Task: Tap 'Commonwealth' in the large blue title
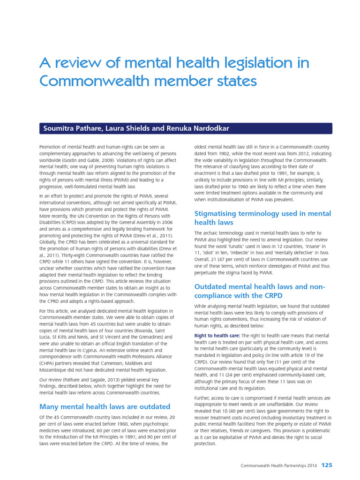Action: [86, 81]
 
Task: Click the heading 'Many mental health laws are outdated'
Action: [105, 406]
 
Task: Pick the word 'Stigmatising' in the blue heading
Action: [219, 214]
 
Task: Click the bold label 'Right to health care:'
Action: [217, 336]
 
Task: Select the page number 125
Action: [327, 465]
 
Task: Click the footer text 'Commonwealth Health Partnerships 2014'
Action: [278, 465]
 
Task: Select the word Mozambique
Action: [55, 369]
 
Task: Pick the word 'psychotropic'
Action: [156, 424]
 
